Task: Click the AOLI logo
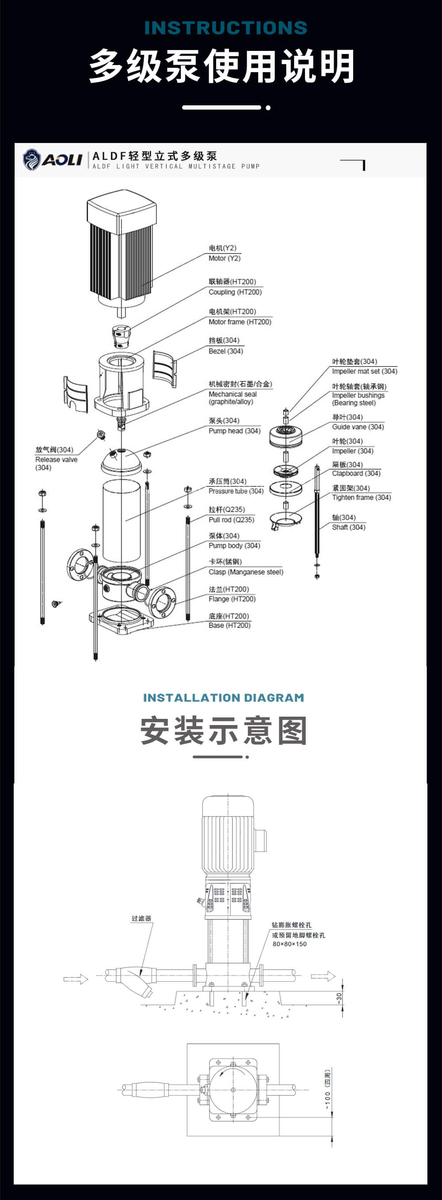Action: coord(52,160)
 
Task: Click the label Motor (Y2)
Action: coord(224,258)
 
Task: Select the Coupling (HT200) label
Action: coord(235,292)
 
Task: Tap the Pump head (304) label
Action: coord(234,431)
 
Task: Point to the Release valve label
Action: coord(56,459)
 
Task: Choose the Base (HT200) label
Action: coord(229,625)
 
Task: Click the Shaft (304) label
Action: coord(348,527)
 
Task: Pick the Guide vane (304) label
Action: coord(358,427)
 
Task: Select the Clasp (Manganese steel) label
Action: coord(246,572)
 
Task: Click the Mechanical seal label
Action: coord(232,394)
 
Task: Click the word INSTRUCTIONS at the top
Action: coord(226,28)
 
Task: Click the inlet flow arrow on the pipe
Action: coord(76,979)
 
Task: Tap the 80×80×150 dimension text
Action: coord(290,944)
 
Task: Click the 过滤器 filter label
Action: coord(141,918)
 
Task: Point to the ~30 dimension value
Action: coord(339,997)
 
